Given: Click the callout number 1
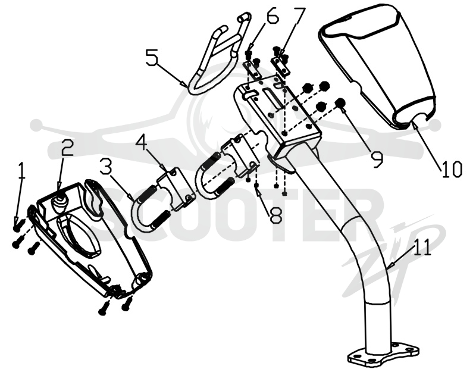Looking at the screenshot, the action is [21, 171].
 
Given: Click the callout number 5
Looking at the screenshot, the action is [152, 57].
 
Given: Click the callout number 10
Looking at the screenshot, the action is [452, 169].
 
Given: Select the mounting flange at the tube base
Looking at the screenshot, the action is [383, 355].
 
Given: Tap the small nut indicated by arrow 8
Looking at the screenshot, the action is [256, 185].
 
